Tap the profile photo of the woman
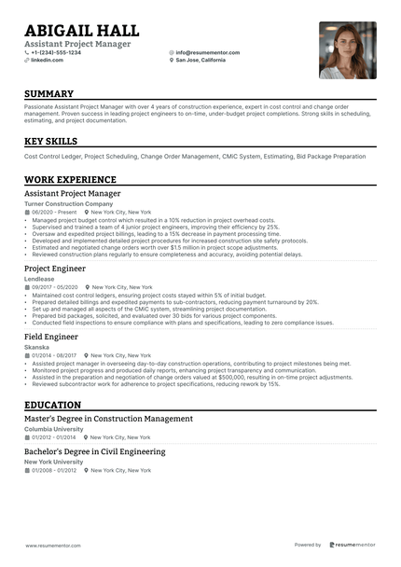pyautogui.click(x=348, y=50)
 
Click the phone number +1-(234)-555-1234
pyautogui.click(x=56, y=52)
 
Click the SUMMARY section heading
pyautogui.click(x=48, y=94)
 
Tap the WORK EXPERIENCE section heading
pyautogui.click(x=70, y=179)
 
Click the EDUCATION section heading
pyautogui.click(x=52, y=405)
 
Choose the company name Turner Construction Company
pyautogui.click(x=68, y=203)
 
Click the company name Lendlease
pyautogui.click(x=39, y=279)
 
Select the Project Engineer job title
pyautogui.click(x=55, y=269)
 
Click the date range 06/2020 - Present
pyautogui.click(x=54, y=212)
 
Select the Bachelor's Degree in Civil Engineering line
pyautogui.click(x=95, y=451)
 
